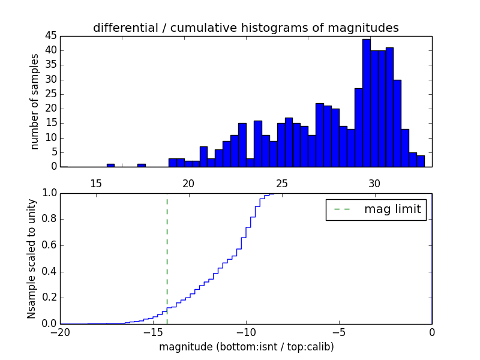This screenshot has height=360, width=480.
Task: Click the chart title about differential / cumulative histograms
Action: click(245, 28)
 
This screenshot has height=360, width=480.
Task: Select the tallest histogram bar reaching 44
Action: click(366, 103)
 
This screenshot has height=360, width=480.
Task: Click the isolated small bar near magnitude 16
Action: click(110, 165)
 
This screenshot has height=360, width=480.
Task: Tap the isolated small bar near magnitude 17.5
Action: click(142, 165)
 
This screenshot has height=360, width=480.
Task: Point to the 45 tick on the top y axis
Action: click(50, 36)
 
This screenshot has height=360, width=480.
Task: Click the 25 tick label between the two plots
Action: click(281, 183)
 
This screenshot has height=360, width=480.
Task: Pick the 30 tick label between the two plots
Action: click(374, 183)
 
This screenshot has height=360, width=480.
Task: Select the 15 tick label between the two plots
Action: click(95, 183)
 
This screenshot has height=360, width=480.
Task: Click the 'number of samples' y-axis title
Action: click(35, 101)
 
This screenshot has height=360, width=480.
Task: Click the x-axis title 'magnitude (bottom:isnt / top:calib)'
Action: click(246, 347)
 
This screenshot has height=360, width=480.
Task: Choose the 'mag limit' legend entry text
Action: click(392, 209)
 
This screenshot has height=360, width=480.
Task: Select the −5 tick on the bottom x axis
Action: click(339, 332)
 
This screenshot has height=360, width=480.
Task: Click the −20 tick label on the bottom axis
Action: click(60, 332)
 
